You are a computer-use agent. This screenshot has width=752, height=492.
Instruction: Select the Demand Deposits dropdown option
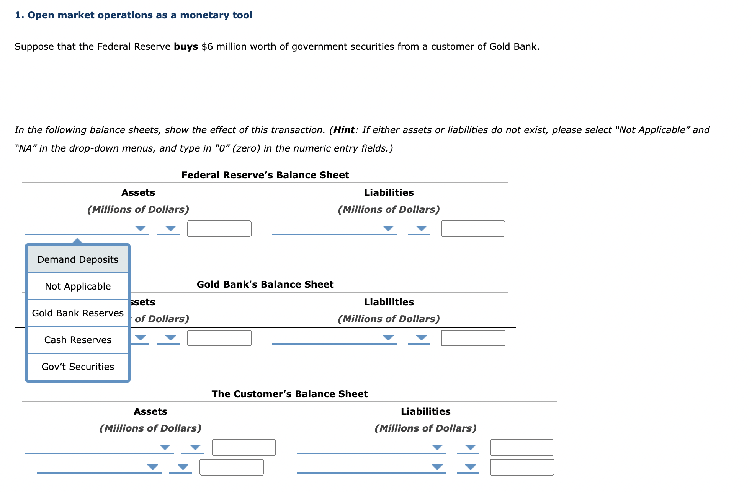pos(78,260)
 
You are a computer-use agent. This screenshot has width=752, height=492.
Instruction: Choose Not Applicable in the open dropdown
pos(78,287)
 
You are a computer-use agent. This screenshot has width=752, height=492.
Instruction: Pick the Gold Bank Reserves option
pos(78,313)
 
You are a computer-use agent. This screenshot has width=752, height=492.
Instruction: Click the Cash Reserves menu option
pos(78,340)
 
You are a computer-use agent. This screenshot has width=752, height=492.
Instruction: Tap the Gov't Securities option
pos(78,367)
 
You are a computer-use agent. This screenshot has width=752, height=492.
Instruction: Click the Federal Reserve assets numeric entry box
pos(219,229)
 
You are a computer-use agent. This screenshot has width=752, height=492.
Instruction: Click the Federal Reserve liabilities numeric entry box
pos(473,229)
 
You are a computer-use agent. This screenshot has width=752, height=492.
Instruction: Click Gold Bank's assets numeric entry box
pos(219,338)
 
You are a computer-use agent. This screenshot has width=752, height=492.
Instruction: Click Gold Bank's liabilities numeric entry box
pos(473,338)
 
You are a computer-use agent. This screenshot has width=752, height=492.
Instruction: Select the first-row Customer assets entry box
pos(244,448)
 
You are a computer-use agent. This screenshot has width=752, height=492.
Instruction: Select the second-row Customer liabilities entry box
pos(522,468)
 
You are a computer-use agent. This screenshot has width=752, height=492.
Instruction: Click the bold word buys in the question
pos(186,47)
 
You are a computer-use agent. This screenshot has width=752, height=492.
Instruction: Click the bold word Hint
pos(344,130)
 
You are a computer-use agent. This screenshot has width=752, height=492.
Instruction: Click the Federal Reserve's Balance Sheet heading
pos(265,175)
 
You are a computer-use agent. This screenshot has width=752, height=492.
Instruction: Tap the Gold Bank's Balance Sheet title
pos(265,285)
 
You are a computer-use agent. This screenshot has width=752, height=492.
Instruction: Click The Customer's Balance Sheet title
pos(289,394)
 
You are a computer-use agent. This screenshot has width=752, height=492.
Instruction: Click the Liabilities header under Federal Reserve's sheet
pos(389,193)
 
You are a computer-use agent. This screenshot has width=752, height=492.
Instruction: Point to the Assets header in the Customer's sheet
pos(150,412)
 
